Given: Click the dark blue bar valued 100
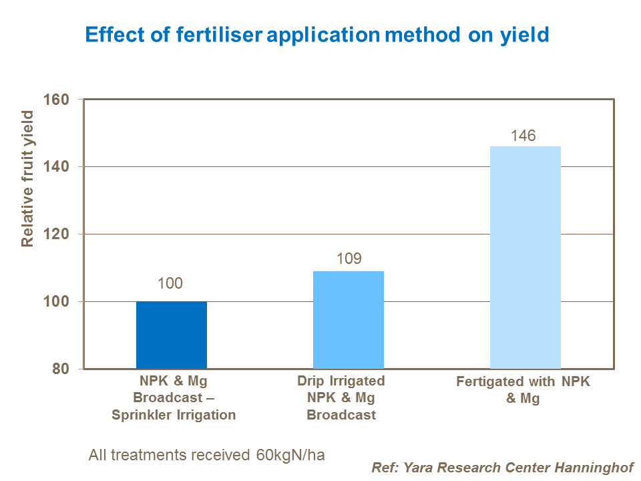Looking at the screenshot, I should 172,335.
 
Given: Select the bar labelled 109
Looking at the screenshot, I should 349,320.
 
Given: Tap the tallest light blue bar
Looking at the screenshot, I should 525,257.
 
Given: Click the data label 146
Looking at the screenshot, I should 523,136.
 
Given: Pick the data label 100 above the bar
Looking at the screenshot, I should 170,283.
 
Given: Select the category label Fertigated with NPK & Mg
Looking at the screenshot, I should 523,390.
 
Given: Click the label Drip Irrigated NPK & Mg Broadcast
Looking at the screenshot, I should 341,397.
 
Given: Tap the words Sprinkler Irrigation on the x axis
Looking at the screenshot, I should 175,414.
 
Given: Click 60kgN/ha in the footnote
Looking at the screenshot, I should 290,455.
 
